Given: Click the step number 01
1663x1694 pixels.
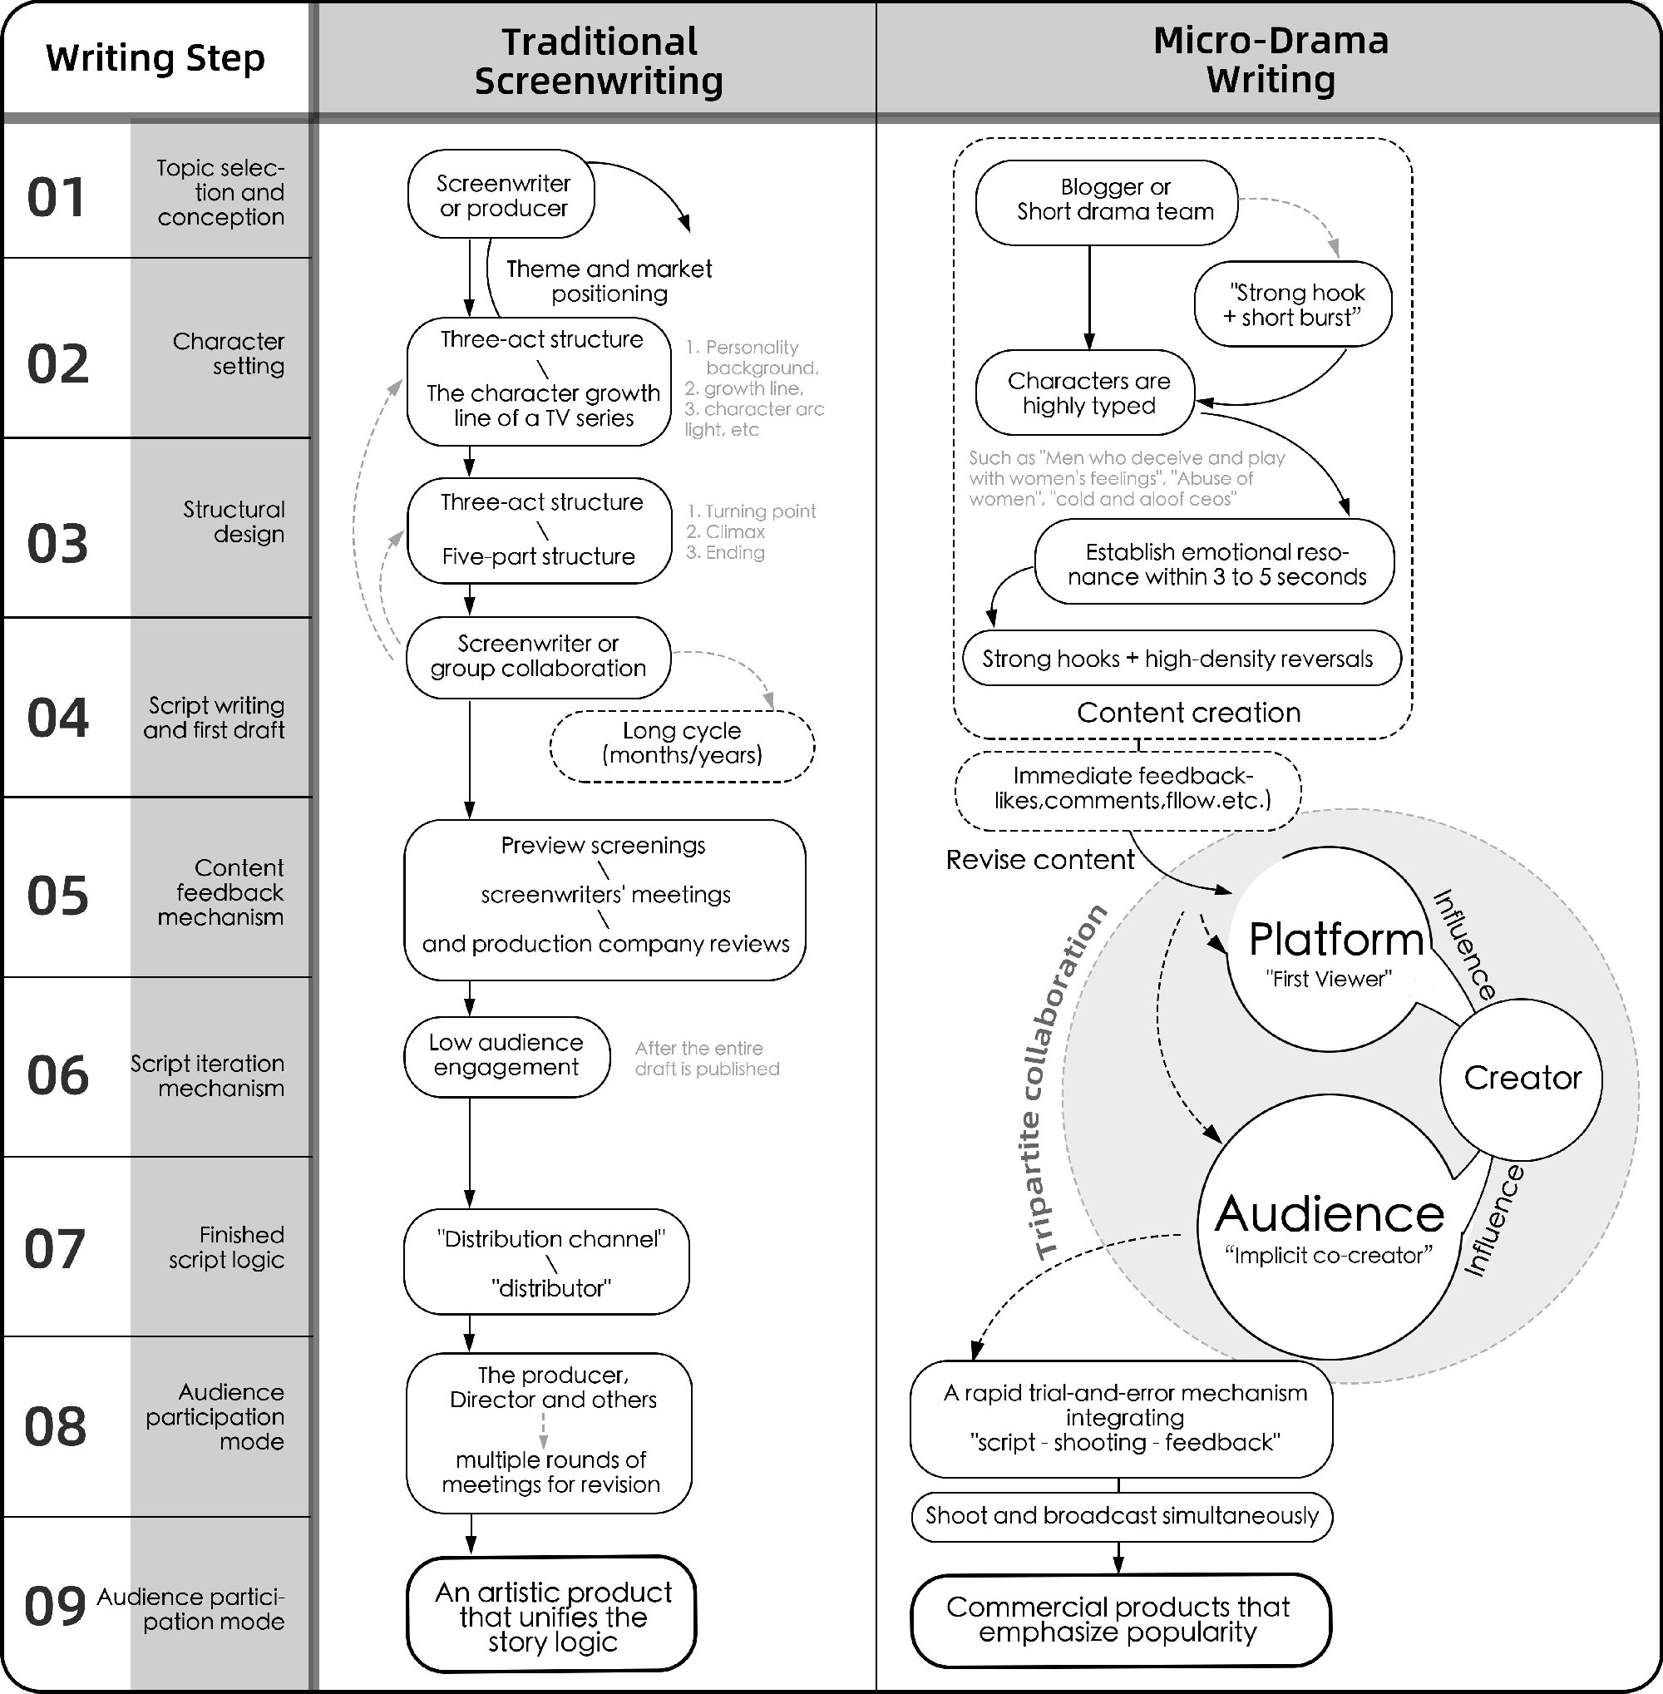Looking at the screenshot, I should click(57, 197).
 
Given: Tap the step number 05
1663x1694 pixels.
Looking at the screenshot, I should click(57, 896).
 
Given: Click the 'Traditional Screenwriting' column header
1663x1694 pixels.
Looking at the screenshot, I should click(599, 62).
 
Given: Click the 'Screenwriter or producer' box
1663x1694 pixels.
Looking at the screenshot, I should click(502, 195).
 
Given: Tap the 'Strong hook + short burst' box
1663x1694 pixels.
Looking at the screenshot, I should click(1293, 305).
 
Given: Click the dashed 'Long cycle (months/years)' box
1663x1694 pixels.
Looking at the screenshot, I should click(681, 743).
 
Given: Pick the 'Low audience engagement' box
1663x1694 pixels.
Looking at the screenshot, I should click(506, 1055).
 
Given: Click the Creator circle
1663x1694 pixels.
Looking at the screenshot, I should click(1522, 1078).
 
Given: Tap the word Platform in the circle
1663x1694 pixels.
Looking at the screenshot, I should click(1336, 939).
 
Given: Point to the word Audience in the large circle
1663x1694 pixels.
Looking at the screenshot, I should click(1329, 1213).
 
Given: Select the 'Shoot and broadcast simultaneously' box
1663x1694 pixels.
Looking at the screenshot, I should click(1122, 1516).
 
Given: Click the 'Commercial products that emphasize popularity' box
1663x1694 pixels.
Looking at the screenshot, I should click(1119, 1620).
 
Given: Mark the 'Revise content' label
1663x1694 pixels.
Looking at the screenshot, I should click(1039, 861).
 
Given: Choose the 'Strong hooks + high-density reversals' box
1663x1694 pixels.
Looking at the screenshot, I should click(1179, 659).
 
